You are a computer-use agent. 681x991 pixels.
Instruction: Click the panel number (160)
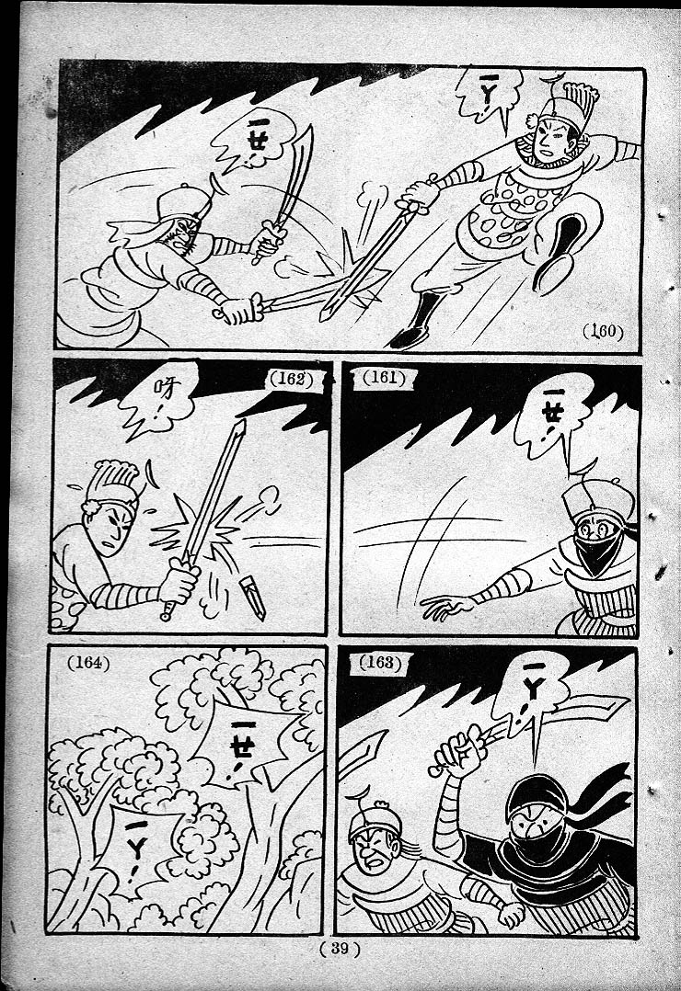[x=603, y=331]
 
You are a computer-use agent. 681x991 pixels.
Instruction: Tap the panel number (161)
[x=384, y=377]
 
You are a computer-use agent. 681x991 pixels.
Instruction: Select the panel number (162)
[x=292, y=379]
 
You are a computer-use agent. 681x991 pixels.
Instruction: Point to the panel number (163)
[x=380, y=662]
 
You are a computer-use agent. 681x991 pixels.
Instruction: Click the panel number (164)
[x=88, y=663]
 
